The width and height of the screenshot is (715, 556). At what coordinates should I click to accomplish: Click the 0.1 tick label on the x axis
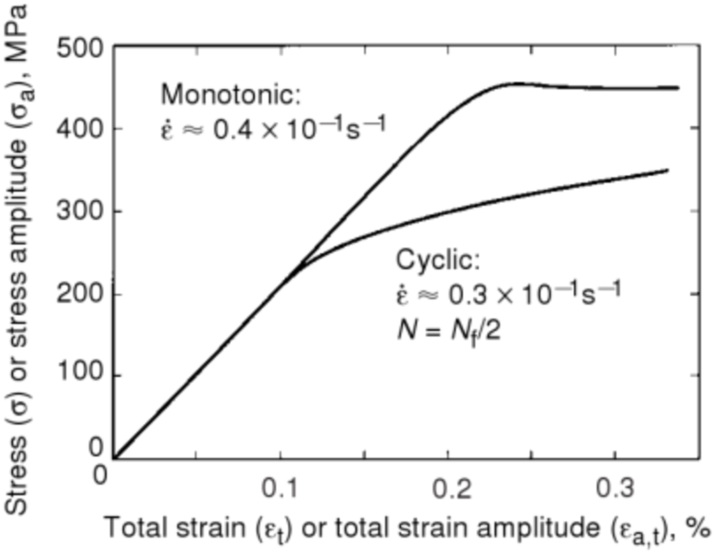pos(279,487)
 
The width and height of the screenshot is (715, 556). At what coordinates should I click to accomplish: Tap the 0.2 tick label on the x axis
pos(447,487)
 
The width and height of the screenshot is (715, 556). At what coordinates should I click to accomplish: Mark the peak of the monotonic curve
pos(515,83)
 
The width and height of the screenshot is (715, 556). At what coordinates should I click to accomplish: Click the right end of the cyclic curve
pos(668,171)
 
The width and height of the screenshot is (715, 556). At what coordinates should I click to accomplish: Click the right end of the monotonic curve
pos(678,88)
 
